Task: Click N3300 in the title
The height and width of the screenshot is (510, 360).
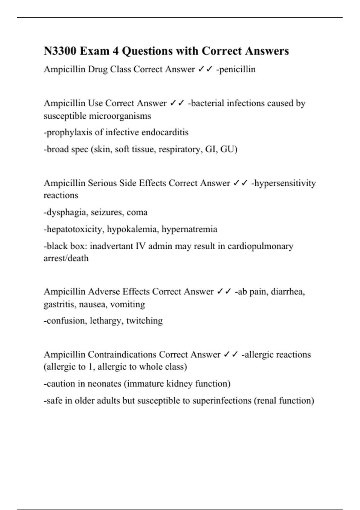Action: pos(60,51)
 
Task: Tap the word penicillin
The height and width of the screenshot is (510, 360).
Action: pos(237,69)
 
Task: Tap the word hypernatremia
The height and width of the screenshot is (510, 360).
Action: pos(189,229)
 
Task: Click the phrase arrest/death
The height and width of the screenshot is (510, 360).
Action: pos(66,258)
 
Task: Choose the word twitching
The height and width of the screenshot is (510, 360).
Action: pos(144,321)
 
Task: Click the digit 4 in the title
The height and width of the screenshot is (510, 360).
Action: pos(115,51)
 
